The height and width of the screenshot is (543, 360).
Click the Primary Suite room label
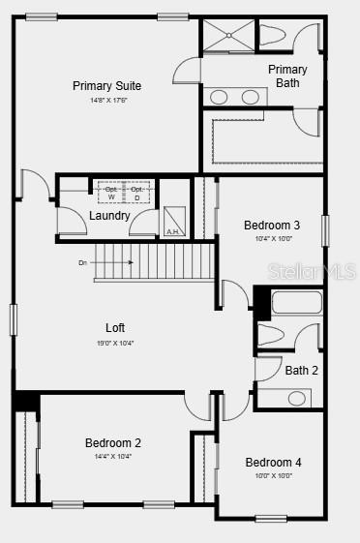(106, 86)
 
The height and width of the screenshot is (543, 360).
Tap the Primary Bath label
(287, 75)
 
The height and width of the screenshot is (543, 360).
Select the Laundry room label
(109, 216)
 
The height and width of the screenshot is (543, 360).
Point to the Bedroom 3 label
(272, 226)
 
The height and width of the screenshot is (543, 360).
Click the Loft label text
(115, 328)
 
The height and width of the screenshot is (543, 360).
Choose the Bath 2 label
(301, 370)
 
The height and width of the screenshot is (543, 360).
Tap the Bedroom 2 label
(113, 443)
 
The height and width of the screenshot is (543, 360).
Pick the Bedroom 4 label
(273, 463)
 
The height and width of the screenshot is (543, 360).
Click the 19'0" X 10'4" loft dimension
(115, 343)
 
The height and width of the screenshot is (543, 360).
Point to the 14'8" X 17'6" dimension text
(108, 100)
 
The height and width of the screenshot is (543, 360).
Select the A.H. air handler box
(174, 222)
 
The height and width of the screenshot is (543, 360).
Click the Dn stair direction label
(84, 262)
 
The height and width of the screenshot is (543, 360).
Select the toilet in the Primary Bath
(275, 36)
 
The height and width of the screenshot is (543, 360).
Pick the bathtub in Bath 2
(295, 302)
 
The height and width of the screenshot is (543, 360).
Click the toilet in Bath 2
(272, 336)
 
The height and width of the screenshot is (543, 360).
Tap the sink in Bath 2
(296, 398)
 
